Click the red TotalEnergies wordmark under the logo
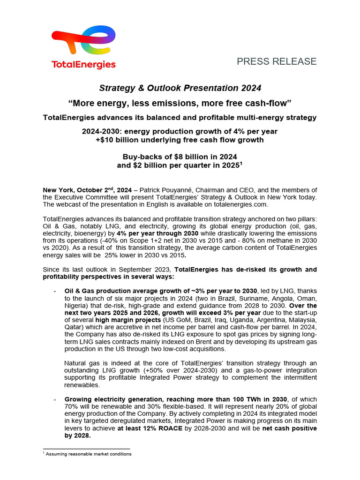click(83, 65)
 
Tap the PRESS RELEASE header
click(277, 61)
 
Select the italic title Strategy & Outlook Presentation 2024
click(180, 88)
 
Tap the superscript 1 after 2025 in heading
click(241, 164)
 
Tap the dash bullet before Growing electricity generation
click(55, 398)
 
